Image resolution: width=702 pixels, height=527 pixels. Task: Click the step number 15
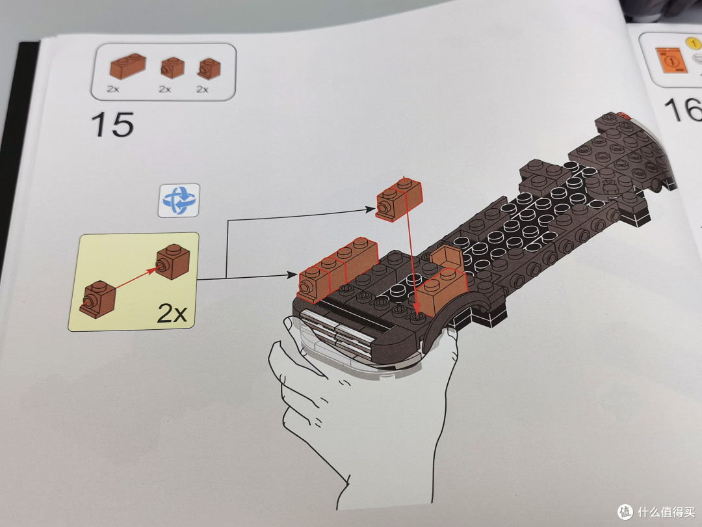(112, 124)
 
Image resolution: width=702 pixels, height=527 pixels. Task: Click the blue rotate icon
(179, 200)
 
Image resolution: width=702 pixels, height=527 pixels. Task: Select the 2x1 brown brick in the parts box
(128, 66)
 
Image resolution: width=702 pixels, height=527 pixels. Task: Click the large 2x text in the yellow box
(172, 312)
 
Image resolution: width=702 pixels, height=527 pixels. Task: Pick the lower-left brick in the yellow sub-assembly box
(98, 299)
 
